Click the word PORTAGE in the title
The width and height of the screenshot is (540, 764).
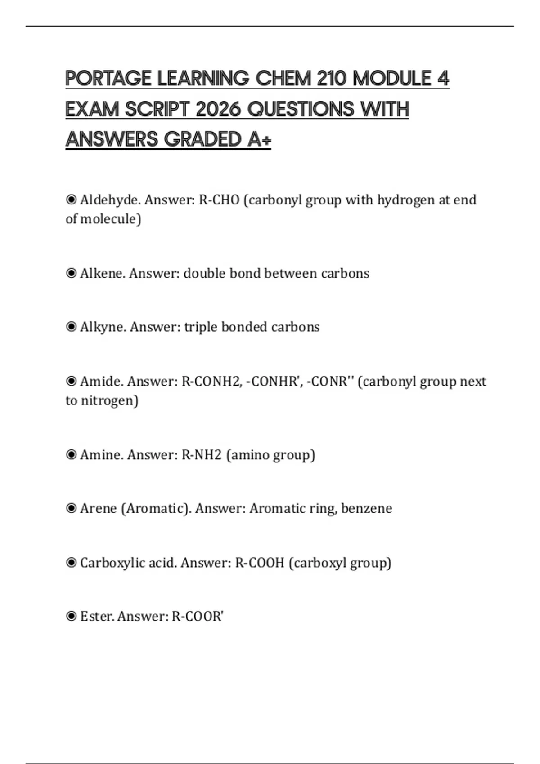(x=108, y=79)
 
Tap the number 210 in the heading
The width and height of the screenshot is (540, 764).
(x=331, y=79)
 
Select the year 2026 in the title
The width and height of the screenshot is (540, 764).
(x=218, y=109)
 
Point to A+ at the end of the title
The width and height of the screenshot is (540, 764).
(x=259, y=139)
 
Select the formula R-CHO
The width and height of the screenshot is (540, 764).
(x=219, y=200)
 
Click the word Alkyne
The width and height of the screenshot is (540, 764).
(x=103, y=327)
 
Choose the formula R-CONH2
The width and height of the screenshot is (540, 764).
(x=212, y=381)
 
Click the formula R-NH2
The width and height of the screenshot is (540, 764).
(x=202, y=455)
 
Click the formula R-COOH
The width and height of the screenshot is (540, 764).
(x=260, y=563)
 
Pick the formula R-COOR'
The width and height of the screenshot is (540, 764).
(x=198, y=616)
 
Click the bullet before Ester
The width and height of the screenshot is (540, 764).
(x=71, y=616)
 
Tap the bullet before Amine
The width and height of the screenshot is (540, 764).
(x=71, y=455)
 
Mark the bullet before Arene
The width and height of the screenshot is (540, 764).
(x=71, y=508)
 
